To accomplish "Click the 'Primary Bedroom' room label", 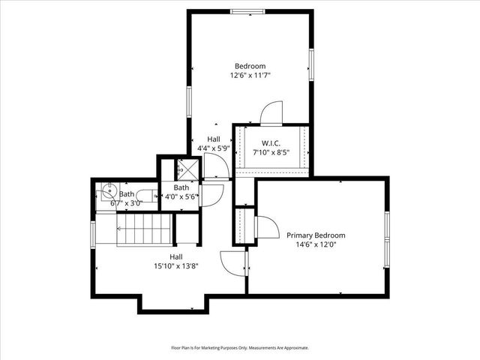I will tap(316, 235).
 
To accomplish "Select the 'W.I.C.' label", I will tap(271, 143).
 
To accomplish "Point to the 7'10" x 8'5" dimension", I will tap(271, 152).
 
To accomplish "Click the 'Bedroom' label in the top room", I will tap(250, 66).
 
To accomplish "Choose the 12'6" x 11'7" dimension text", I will tap(250, 75).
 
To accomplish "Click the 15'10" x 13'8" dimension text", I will tap(175, 265).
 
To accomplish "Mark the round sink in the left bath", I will tap(107, 190).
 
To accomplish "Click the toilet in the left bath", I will tap(148, 196).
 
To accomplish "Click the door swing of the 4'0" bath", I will tap(214, 193).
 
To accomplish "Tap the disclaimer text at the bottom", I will tap(240, 347).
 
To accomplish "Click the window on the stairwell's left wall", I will tap(93, 232).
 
